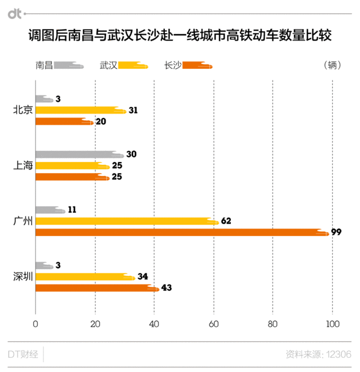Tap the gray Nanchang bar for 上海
[x=79, y=155]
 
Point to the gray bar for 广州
[x=50, y=210]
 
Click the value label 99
[x=336, y=232]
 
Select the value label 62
[x=226, y=221]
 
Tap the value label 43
[x=166, y=288]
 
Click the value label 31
[x=133, y=111]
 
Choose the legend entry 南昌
[x=44, y=65]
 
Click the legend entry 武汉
[x=108, y=65]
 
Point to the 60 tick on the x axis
[x=214, y=324]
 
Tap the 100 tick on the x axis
[x=332, y=324]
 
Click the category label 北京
[x=23, y=110]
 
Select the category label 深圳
[x=23, y=277]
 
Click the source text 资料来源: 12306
[x=318, y=355]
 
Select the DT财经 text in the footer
[x=23, y=355]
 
